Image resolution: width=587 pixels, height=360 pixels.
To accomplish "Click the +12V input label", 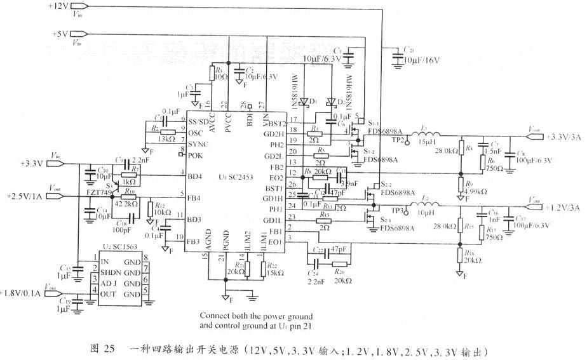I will coord(58,6).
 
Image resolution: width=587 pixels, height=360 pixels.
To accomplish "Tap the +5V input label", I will coord(60,34).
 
